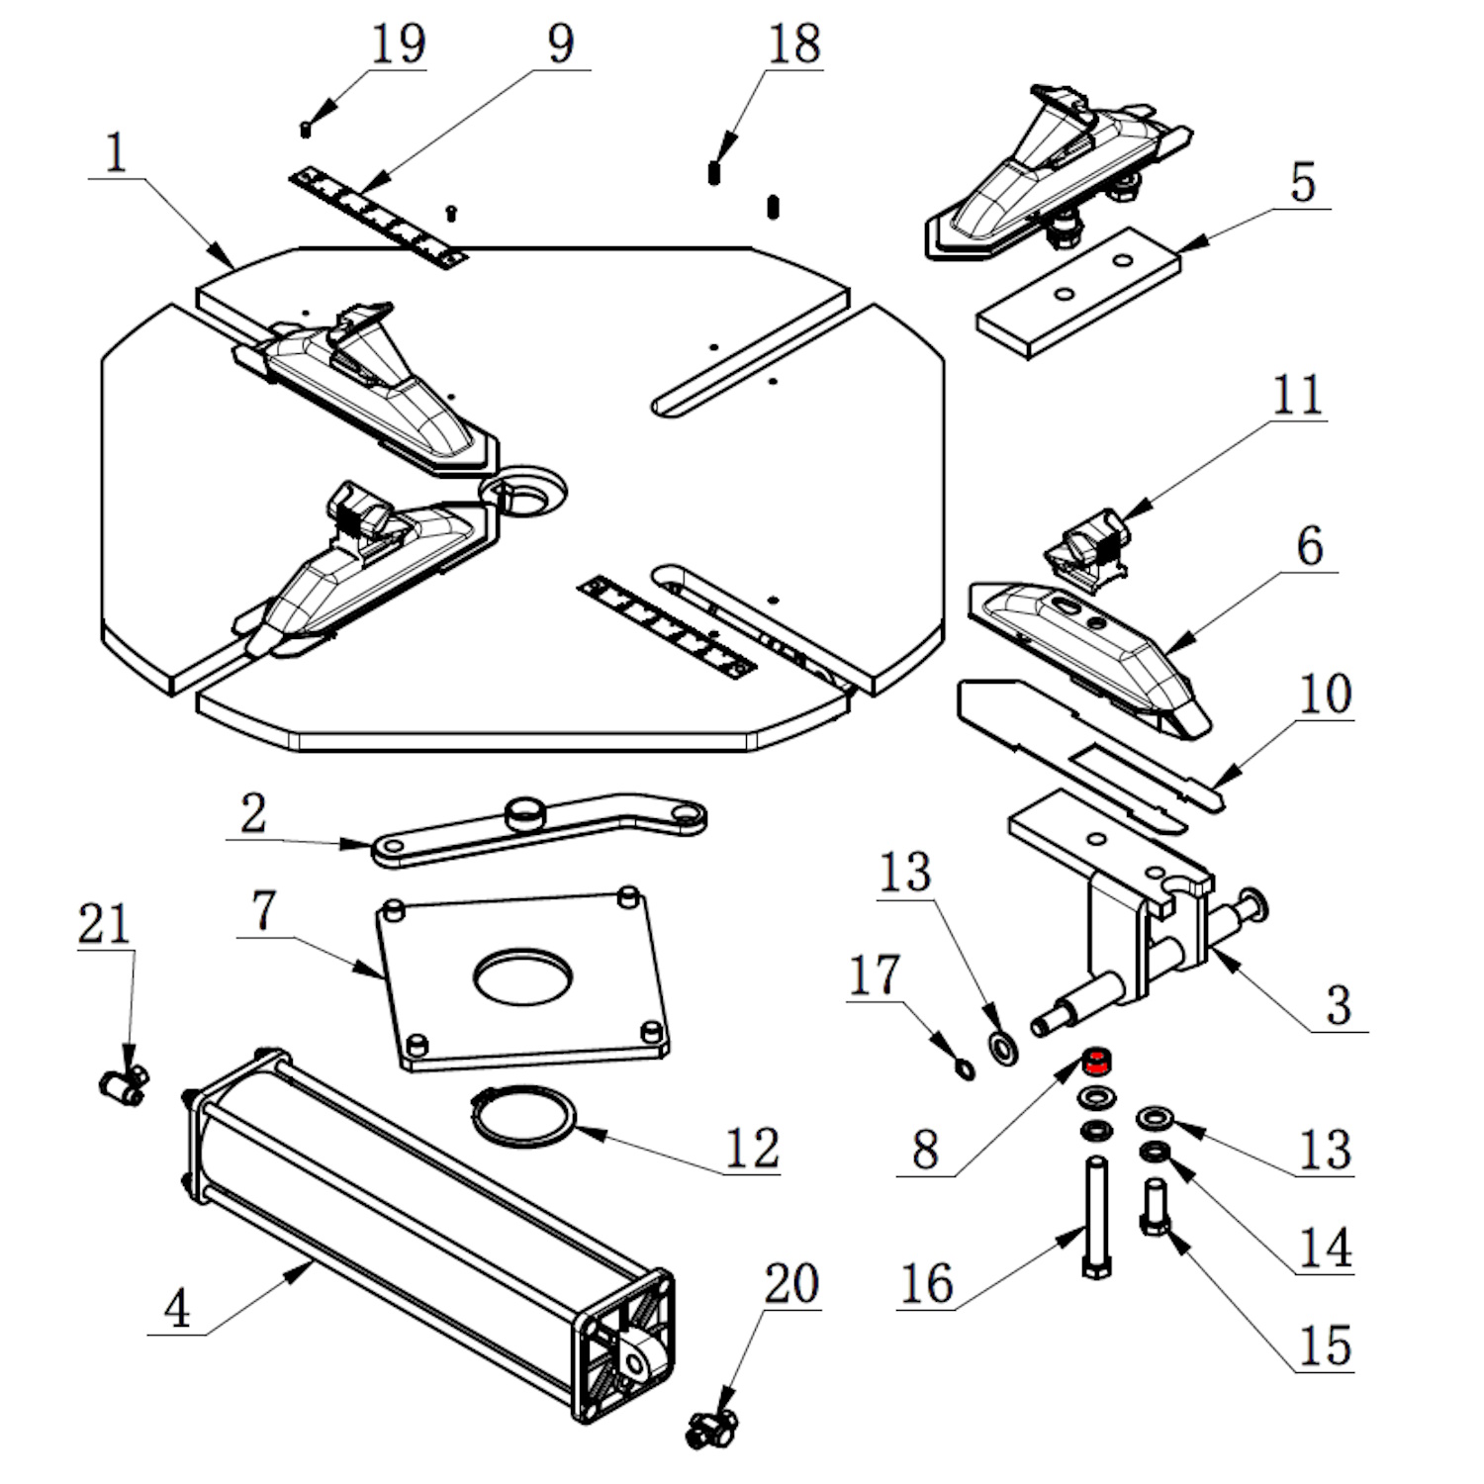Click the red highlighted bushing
coord(1095,1063)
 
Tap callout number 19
coord(398,45)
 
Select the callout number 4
coord(177,1309)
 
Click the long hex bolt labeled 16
coord(1095,1217)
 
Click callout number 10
coord(1324,695)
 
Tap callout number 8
coord(925,1150)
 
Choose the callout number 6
coord(1309,547)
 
